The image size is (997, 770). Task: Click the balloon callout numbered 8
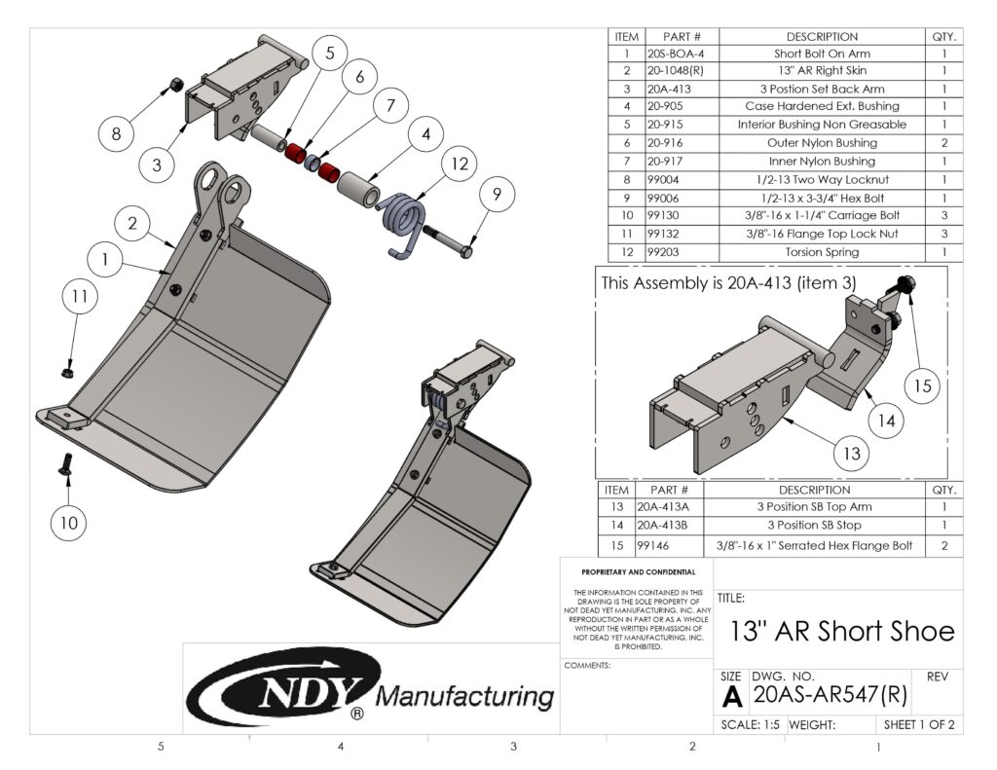[117, 134]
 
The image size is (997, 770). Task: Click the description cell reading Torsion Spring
[822, 252]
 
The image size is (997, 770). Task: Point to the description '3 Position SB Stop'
[813, 526]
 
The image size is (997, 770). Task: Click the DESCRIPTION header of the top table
[822, 36]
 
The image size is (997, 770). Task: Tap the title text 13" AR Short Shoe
[842, 631]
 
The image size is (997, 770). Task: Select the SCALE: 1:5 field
[750, 725]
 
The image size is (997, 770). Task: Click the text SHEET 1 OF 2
[919, 725]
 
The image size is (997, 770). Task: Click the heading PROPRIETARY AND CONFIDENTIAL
[638, 572]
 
